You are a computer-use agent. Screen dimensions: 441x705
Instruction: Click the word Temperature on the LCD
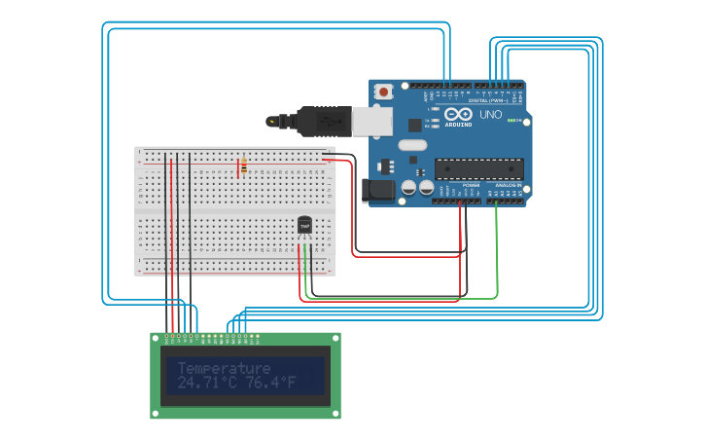224,368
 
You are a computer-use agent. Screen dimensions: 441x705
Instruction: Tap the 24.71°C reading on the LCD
206,385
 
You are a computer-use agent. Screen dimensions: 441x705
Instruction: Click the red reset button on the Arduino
384,92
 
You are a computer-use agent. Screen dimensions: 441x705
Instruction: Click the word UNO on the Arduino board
490,114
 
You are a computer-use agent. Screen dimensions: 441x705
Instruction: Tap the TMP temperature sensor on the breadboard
304,226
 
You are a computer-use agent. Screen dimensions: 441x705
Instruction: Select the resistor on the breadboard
242,166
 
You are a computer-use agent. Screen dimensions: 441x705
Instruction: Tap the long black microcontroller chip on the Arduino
478,168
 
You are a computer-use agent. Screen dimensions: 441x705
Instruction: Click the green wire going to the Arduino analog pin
497,253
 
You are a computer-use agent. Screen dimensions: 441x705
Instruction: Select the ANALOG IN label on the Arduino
507,184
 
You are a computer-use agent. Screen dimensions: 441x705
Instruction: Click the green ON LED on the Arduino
519,120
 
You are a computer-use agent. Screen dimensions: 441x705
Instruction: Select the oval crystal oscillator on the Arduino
412,145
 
